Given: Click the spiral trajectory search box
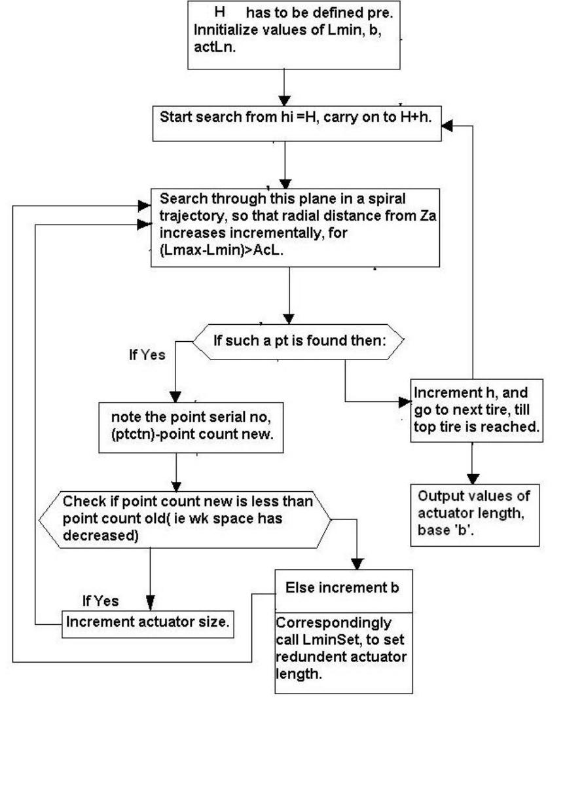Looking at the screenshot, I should pyautogui.click(x=295, y=227).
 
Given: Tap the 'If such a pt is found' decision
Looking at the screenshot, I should pyautogui.click(x=298, y=341).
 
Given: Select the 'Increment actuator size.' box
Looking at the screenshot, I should pyautogui.click(x=148, y=622).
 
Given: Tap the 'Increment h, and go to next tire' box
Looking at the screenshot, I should pyautogui.click(x=476, y=410).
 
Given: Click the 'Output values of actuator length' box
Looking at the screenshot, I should pyautogui.click(x=474, y=515).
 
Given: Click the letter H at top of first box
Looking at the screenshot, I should pyautogui.click(x=221, y=12).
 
